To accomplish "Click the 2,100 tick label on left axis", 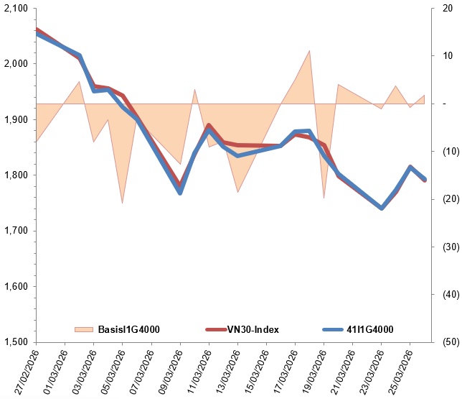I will [x=15, y=9].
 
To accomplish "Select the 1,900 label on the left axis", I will [x=15, y=120].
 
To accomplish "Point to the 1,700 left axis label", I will [x=15, y=231].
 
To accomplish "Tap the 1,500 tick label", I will [x=15, y=342].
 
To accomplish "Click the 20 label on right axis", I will [x=447, y=9].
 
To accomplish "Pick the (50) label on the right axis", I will [x=446, y=342].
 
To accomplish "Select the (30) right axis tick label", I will [x=446, y=247].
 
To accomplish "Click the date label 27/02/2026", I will [x=24, y=370].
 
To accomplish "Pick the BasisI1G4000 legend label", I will [x=128, y=329].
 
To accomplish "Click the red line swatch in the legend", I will [x=217, y=329].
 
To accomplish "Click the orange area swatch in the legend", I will [x=84, y=329].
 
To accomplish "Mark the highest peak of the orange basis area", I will [x=309, y=51].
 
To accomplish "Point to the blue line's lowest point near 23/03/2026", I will [x=382, y=208].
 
